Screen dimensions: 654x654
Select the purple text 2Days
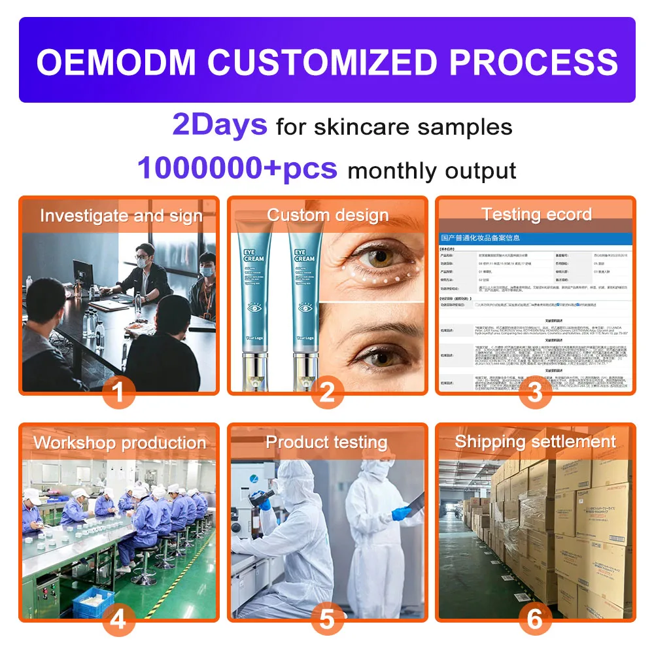click(x=220, y=124)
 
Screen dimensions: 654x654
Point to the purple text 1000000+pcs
click(x=237, y=168)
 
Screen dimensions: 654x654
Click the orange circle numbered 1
click(x=118, y=393)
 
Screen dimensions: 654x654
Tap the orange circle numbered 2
click(x=327, y=393)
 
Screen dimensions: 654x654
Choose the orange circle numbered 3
click(x=535, y=393)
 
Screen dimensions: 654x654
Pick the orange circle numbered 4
click(x=118, y=619)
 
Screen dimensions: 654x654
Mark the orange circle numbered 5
click(x=327, y=619)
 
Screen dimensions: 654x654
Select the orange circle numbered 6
click(x=535, y=619)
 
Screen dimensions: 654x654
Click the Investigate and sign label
click(x=121, y=216)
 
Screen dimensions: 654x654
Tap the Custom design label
click(x=328, y=215)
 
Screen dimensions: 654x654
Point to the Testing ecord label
click(x=536, y=215)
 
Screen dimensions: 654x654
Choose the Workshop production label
click(x=120, y=443)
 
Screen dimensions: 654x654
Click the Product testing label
click(x=326, y=442)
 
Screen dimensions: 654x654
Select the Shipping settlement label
click(x=536, y=441)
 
